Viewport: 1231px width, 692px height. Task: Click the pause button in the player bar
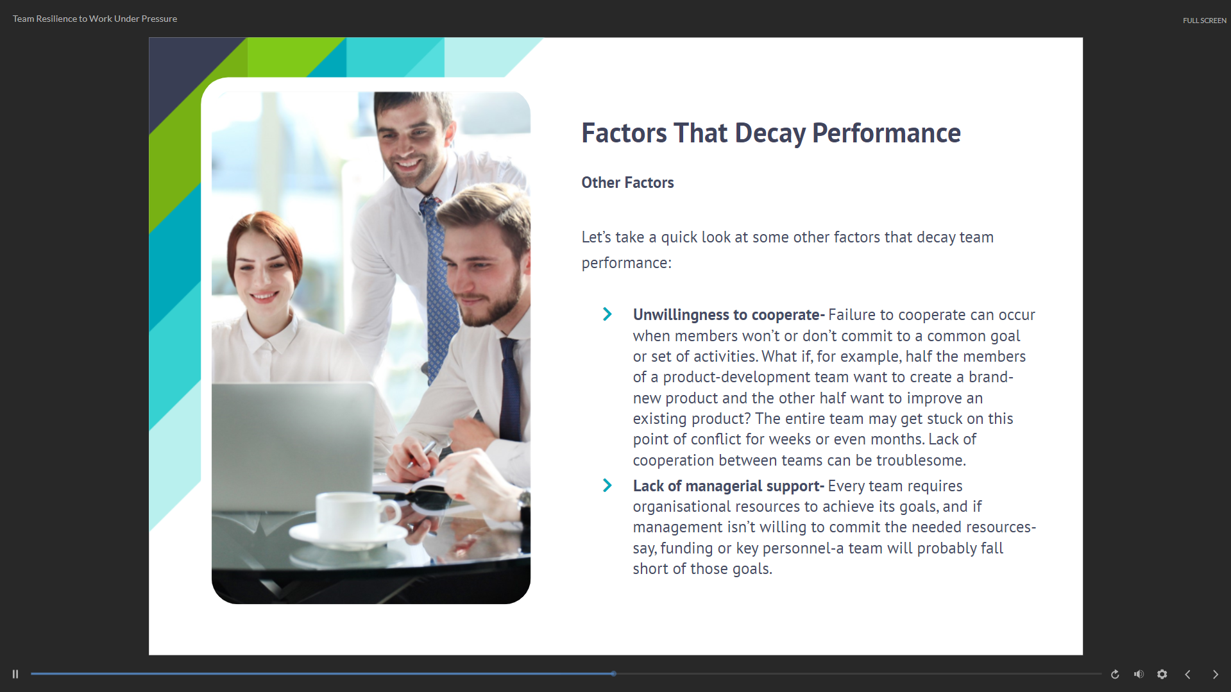15,674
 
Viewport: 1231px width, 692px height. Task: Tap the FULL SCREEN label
1204,21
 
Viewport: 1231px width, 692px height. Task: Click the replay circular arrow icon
1115,674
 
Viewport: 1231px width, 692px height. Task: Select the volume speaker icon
1139,674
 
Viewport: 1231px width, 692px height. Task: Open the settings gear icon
1162,674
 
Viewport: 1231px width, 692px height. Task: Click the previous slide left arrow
1187,674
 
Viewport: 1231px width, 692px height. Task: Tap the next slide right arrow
1215,674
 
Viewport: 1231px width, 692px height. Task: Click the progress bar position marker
614,673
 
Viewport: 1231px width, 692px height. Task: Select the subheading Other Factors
627,183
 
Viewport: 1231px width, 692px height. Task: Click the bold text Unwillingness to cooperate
726,315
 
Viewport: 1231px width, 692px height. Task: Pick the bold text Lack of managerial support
727,486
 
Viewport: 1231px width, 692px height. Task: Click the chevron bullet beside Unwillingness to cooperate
607,314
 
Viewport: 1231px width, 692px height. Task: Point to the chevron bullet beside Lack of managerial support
607,485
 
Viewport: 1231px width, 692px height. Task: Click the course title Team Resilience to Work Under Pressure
95,19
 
